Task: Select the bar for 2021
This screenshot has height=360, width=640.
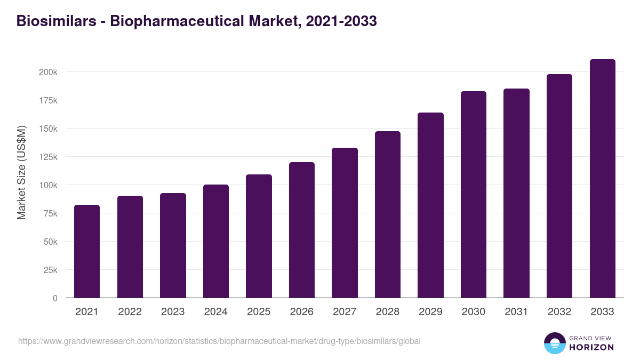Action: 87,251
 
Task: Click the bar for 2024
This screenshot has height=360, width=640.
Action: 216,241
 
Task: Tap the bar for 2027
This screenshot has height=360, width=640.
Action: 345,223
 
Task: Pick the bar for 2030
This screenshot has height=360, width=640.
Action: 474,195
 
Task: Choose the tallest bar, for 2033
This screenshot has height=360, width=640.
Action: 602,179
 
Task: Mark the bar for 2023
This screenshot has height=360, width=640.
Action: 173,245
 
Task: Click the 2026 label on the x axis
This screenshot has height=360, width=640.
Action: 302,312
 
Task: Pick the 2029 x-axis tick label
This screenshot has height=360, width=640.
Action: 430,312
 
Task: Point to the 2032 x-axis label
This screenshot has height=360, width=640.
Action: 559,312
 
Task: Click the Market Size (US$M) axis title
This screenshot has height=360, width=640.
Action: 21,172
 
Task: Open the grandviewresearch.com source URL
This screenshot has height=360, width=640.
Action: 219,341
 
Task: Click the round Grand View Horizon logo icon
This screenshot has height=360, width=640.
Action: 554,343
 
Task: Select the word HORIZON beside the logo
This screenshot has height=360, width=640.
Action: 591,347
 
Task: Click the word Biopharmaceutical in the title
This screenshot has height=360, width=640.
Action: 176,21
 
